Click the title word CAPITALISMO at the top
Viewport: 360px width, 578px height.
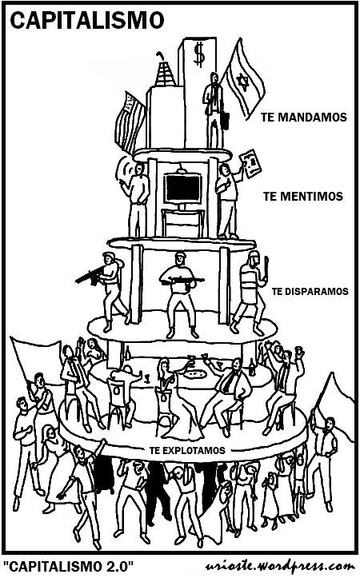(x=86, y=19)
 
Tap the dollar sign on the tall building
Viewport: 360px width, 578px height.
(x=199, y=54)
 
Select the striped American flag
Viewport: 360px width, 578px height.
(x=129, y=122)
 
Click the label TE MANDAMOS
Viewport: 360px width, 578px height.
(x=304, y=118)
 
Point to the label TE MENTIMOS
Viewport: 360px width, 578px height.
(x=303, y=196)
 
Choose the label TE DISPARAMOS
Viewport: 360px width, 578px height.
(x=310, y=291)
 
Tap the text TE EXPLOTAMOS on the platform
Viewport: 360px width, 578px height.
(x=187, y=450)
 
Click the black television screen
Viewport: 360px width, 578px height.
(x=183, y=188)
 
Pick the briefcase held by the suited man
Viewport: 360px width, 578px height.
(x=225, y=120)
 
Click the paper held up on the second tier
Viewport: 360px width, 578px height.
(x=250, y=163)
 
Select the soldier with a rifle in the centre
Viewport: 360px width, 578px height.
(x=180, y=293)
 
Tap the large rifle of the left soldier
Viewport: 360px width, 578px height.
(x=90, y=275)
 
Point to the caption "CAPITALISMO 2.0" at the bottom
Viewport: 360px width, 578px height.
(x=69, y=565)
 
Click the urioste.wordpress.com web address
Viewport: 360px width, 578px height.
(x=279, y=566)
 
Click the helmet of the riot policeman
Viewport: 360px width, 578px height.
(x=254, y=258)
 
